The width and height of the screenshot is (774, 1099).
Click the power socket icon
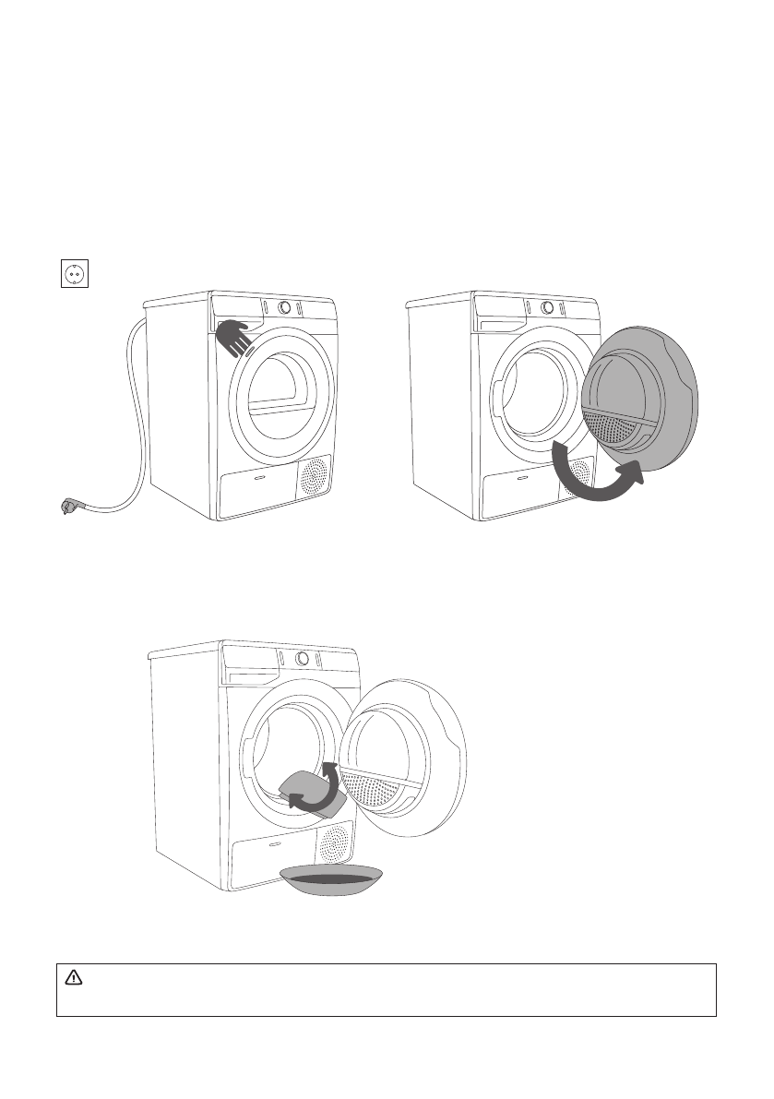[x=74, y=274]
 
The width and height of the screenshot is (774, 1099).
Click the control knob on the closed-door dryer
[x=286, y=307]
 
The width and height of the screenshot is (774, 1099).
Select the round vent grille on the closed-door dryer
[x=314, y=476]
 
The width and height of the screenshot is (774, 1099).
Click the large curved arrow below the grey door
[x=594, y=475]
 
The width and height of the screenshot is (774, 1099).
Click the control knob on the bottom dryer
[x=302, y=658]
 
